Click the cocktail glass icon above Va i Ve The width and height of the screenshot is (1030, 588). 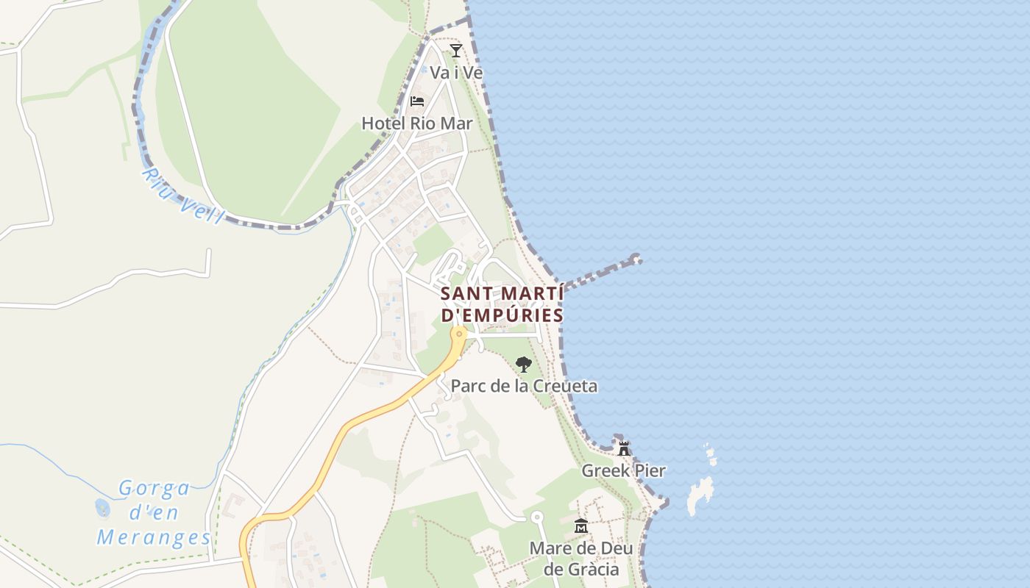456,50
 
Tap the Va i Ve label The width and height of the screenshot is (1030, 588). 456,73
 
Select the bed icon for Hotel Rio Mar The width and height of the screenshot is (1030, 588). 417,101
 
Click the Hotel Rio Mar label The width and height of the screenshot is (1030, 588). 416,123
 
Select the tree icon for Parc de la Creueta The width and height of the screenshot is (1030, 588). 523,364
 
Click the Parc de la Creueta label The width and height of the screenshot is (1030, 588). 524,386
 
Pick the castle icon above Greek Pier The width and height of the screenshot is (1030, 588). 624,448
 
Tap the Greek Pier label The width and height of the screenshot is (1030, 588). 623,470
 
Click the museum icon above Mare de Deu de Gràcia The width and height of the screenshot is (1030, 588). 581,526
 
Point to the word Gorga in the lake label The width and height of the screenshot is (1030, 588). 154,488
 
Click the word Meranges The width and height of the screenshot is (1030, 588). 154,537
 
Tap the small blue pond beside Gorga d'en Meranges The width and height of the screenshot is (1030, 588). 102,508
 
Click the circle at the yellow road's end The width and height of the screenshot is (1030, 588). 460,334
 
